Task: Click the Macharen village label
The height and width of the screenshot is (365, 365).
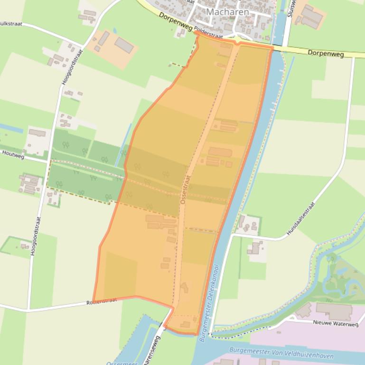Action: (227, 11)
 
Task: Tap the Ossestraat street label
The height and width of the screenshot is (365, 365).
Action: (184, 189)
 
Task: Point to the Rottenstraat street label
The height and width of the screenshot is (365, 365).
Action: (102, 301)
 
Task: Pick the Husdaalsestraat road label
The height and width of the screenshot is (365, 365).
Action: (301, 219)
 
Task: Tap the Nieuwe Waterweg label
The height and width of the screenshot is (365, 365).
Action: (336, 323)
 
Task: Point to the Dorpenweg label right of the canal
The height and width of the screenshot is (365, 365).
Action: (326, 53)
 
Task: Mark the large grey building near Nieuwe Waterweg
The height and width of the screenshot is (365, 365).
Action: (334, 311)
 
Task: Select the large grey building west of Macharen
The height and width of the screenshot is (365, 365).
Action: (124, 45)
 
